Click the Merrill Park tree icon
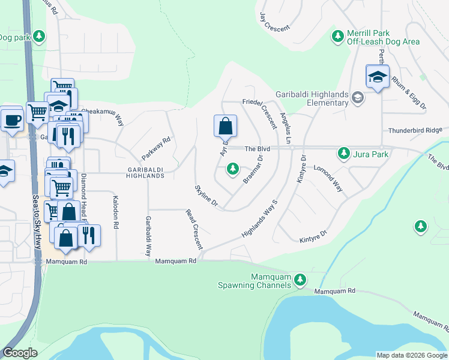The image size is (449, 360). pyautogui.click(x=338, y=37)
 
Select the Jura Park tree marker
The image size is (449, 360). pyautogui.click(x=344, y=154)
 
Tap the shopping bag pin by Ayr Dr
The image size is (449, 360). pyautogui.click(x=225, y=127)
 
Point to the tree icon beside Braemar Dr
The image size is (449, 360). pyautogui.click(x=233, y=170)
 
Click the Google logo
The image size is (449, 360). pyautogui.click(x=20, y=352)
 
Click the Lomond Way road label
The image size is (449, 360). pyautogui.click(x=328, y=178)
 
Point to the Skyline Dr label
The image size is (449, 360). pyautogui.click(x=205, y=197)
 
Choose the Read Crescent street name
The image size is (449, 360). pyautogui.click(x=194, y=229)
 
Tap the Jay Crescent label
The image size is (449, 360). pyautogui.click(x=274, y=22)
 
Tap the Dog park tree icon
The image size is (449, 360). pyautogui.click(x=40, y=37)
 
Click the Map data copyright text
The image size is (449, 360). pyautogui.click(x=412, y=355)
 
